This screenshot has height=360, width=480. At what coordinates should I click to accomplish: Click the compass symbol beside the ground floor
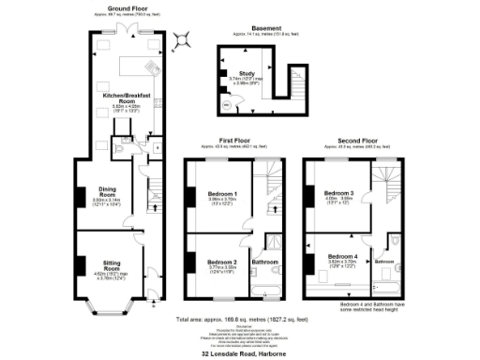point(182,39)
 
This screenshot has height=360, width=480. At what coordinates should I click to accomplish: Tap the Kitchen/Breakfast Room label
point(126,97)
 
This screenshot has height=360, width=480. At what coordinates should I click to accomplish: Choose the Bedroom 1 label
point(222,194)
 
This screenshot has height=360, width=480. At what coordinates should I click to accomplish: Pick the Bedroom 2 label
point(222,261)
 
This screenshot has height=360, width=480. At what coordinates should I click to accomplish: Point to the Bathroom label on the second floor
point(384,262)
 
